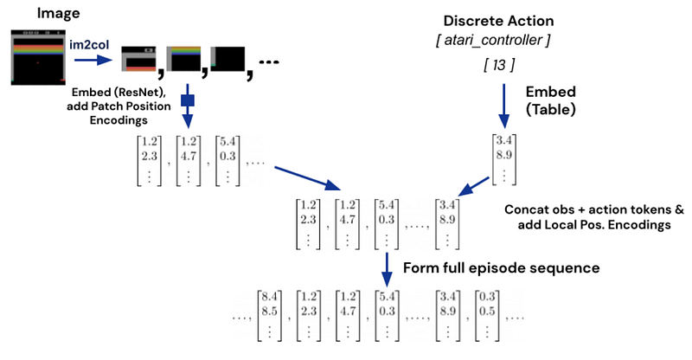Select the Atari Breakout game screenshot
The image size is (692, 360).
(x=36, y=57)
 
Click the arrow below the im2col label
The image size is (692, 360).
(x=91, y=61)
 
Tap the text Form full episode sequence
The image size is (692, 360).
(x=501, y=267)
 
